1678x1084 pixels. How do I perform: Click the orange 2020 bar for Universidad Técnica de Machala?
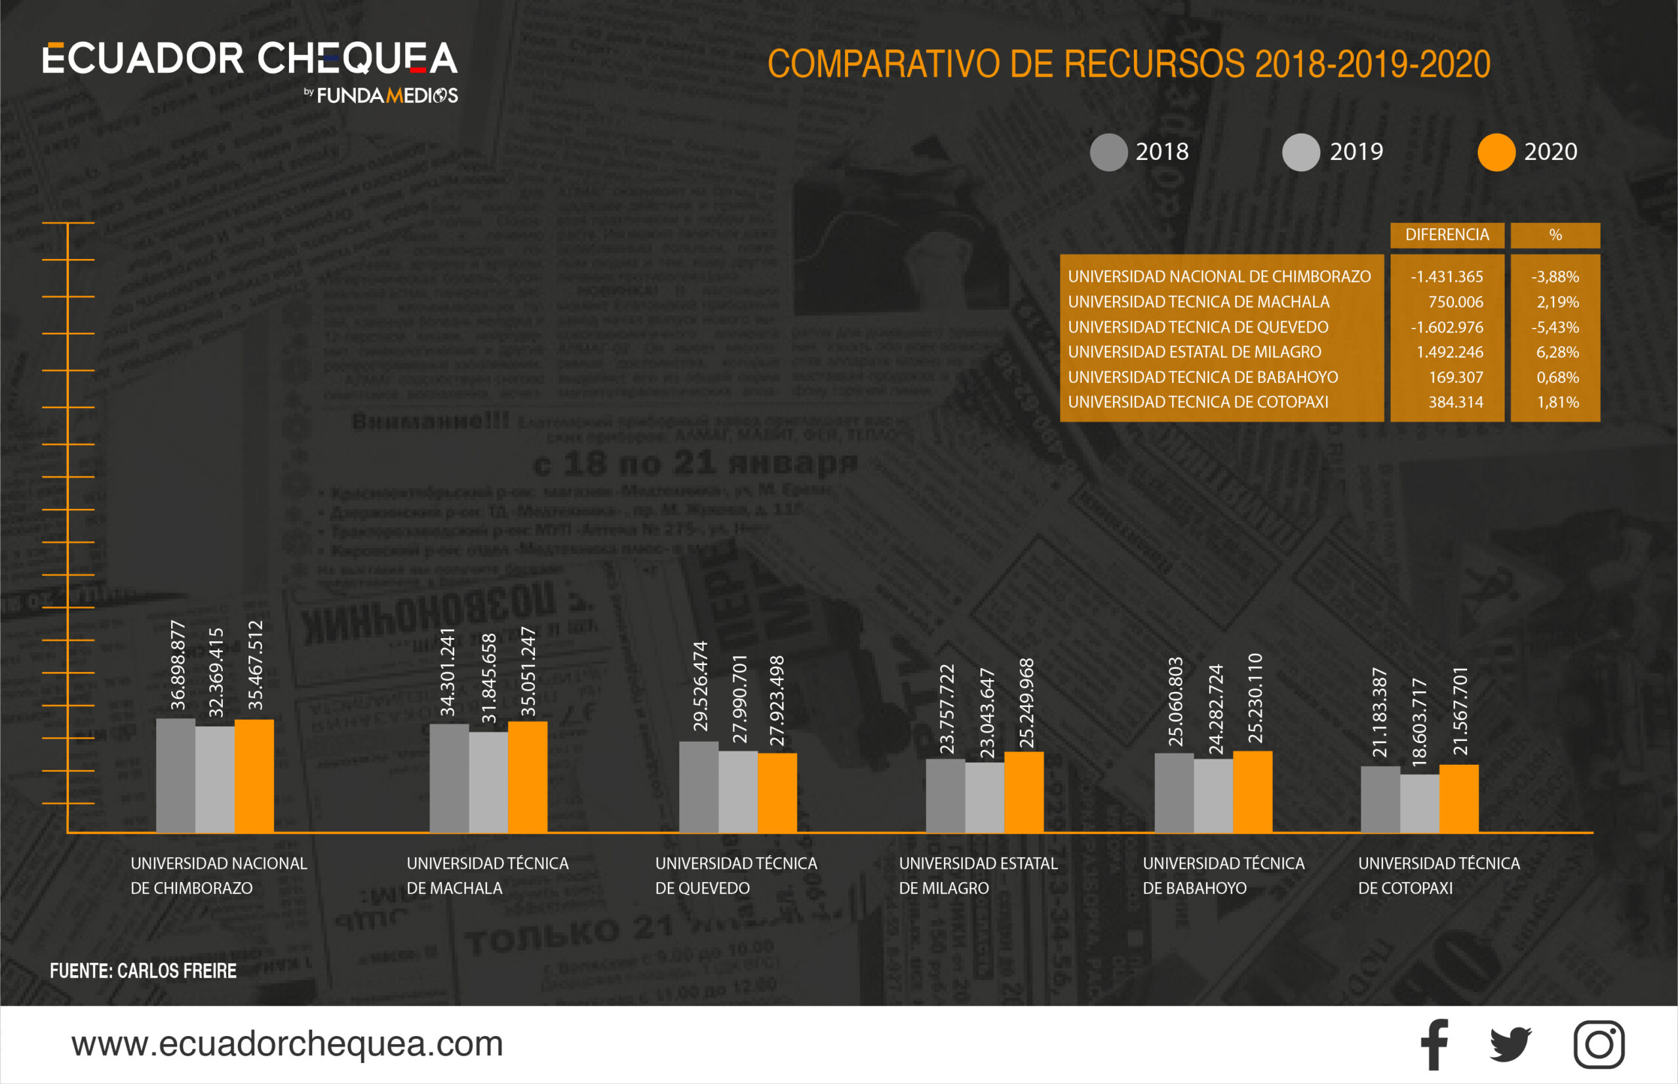point(527,777)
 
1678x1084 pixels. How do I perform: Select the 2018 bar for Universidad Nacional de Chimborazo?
point(175,776)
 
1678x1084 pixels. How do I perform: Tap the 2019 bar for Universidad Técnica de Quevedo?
point(738,792)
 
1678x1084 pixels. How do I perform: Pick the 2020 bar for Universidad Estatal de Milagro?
point(1024,793)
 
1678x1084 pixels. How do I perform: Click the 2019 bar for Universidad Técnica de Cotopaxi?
point(1419,804)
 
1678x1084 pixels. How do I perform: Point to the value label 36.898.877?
point(178,665)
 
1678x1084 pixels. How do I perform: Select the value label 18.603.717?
point(1419,722)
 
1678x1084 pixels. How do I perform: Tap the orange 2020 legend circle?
point(1496,152)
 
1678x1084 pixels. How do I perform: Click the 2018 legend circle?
point(1108,152)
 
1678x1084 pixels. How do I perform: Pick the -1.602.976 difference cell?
point(1447,327)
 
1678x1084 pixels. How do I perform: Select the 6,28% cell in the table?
point(1557,352)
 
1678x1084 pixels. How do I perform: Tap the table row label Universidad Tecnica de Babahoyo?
point(1202,377)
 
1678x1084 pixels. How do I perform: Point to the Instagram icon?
point(1599,1045)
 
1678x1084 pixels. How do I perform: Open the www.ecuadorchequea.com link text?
point(287,1044)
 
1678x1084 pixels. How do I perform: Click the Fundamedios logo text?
point(387,96)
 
